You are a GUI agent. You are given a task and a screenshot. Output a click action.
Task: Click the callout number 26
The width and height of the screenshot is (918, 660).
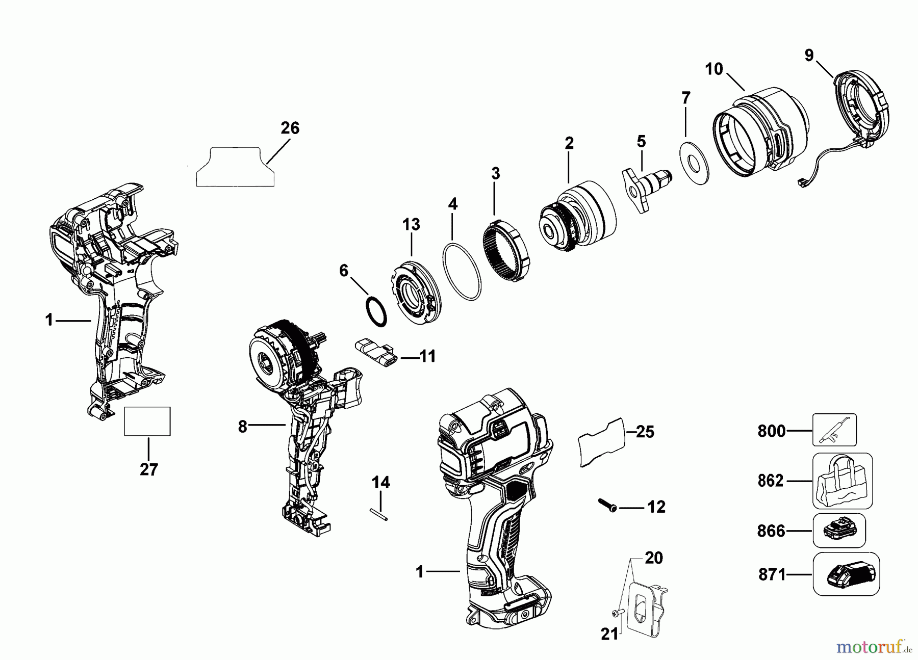[290, 128]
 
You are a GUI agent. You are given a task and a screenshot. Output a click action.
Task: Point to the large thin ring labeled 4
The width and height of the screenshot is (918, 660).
[462, 272]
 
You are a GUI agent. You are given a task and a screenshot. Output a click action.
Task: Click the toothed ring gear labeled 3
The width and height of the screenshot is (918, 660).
[505, 247]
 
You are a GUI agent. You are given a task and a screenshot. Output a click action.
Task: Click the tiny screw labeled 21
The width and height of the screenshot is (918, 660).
[617, 614]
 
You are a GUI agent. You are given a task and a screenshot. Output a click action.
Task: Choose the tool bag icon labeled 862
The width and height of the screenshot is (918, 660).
[842, 481]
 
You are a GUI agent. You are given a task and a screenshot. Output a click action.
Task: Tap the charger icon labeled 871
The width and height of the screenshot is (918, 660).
[846, 574]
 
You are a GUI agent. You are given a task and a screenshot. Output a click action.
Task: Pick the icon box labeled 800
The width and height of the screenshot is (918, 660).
[834, 430]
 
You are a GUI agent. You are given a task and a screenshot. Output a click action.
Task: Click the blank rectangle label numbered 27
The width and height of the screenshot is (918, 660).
[147, 421]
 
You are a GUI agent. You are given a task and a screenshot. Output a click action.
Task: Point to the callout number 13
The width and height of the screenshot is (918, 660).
[411, 224]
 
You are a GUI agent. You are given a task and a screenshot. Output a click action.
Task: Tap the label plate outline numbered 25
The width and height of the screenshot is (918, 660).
[601, 442]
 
